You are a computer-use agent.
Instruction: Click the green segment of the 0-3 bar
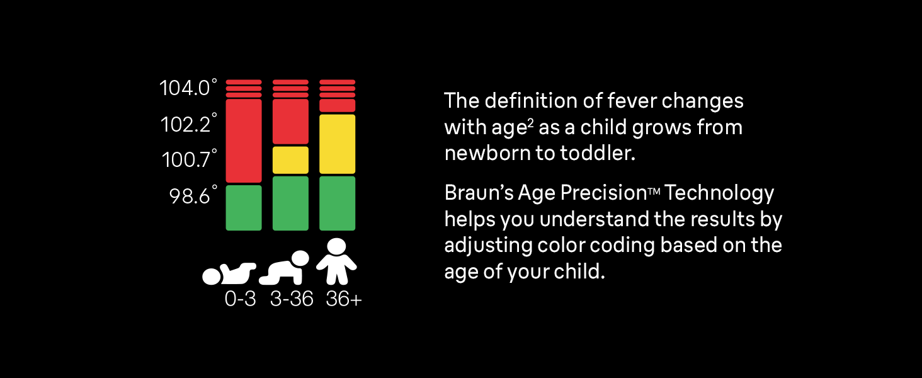(244, 207)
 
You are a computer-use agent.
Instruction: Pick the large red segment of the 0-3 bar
(244, 140)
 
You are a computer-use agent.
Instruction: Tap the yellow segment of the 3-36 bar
(290, 160)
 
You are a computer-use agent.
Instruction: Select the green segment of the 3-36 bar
(290, 203)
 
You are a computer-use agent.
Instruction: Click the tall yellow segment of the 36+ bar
(338, 144)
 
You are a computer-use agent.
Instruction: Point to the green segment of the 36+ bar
(338, 203)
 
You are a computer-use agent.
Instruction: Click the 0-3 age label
(241, 299)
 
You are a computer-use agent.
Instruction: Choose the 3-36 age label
(292, 299)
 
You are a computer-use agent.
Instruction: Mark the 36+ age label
(344, 299)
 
